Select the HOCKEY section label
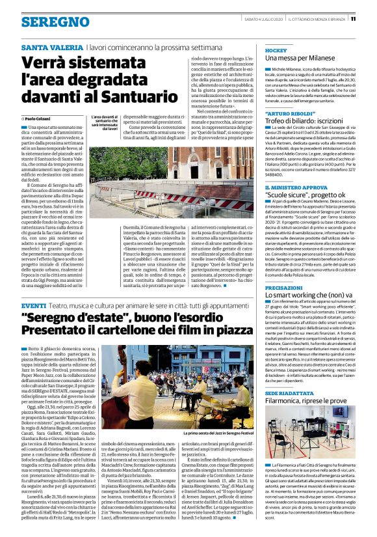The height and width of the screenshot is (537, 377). (x=276, y=50)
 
